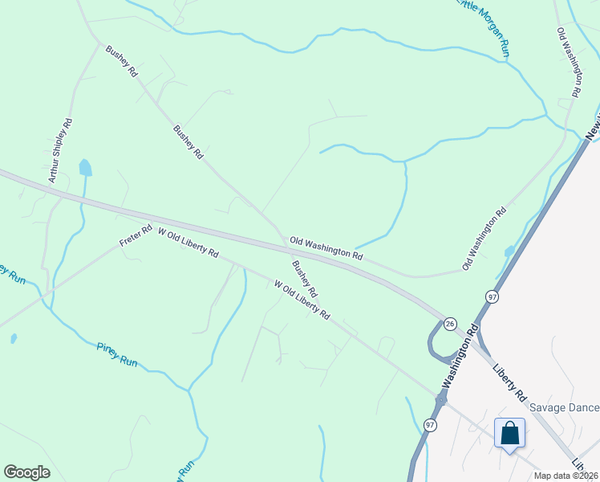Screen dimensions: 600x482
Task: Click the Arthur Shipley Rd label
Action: (x=61, y=150)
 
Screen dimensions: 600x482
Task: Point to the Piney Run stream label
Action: (x=117, y=354)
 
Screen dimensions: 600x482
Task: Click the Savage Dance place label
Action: (x=564, y=408)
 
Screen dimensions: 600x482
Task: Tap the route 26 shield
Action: (x=451, y=323)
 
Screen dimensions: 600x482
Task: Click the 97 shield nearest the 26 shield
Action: (x=493, y=297)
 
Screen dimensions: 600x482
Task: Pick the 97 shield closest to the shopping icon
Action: (x=431, y=424)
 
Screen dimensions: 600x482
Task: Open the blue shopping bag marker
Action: (x=509, y=434)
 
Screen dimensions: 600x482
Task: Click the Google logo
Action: (x=26, y=472)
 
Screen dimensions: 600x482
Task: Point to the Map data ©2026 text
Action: (x=566, y=476)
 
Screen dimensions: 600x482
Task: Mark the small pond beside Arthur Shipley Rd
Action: (x=85, y=168)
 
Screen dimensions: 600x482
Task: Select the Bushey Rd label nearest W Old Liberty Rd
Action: (x=305, y=278)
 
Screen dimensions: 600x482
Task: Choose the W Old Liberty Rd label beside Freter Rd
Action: (x=189, y=242)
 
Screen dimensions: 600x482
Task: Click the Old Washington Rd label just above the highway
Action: (x=326, y=247)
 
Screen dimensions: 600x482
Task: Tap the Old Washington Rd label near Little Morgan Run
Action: (x=568, y=63)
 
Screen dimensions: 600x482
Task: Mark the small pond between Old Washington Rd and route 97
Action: (x=509, y=251)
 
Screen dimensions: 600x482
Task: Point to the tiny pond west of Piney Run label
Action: (x=14, y=339)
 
